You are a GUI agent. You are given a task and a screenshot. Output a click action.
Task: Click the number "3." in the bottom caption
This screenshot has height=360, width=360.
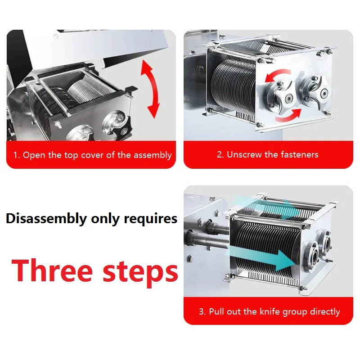point(202,311)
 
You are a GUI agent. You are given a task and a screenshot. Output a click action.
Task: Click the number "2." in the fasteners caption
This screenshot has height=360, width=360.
point(220,155)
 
